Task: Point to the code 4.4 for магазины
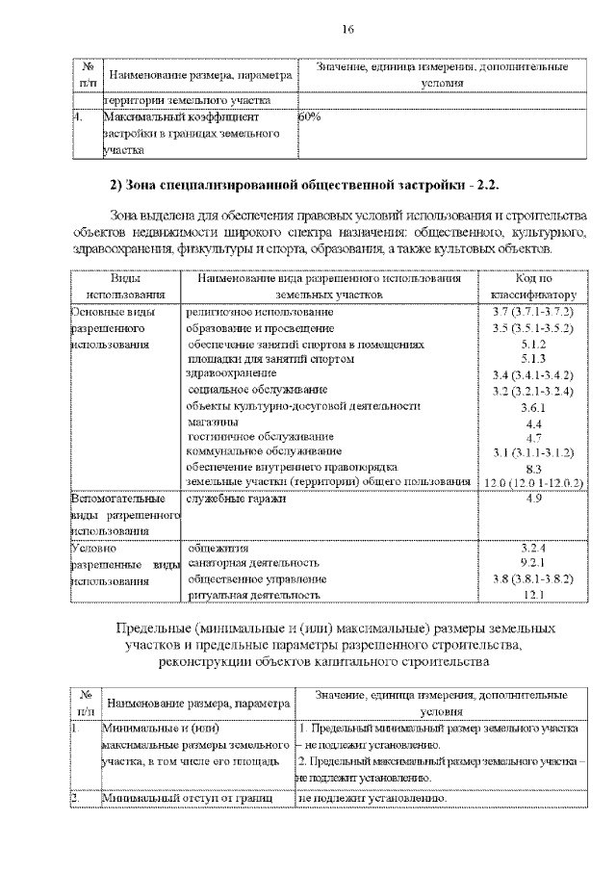(533, 423)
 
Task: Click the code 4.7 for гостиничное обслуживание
(533, 436)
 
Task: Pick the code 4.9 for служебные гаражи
(533, 500)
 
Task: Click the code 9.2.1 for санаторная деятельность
(533, 563)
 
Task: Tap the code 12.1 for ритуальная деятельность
(533, 596)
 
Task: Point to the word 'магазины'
(213, 422)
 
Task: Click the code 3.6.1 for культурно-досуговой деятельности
(533, 407)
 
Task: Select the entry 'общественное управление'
(257, 579)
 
